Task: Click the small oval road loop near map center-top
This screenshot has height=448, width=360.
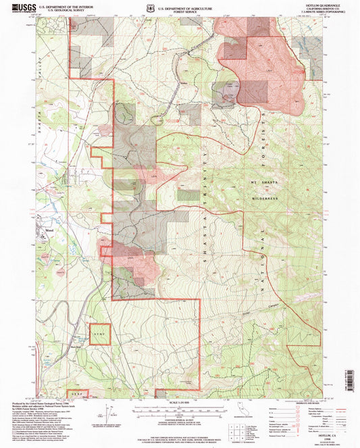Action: point(158,120)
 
